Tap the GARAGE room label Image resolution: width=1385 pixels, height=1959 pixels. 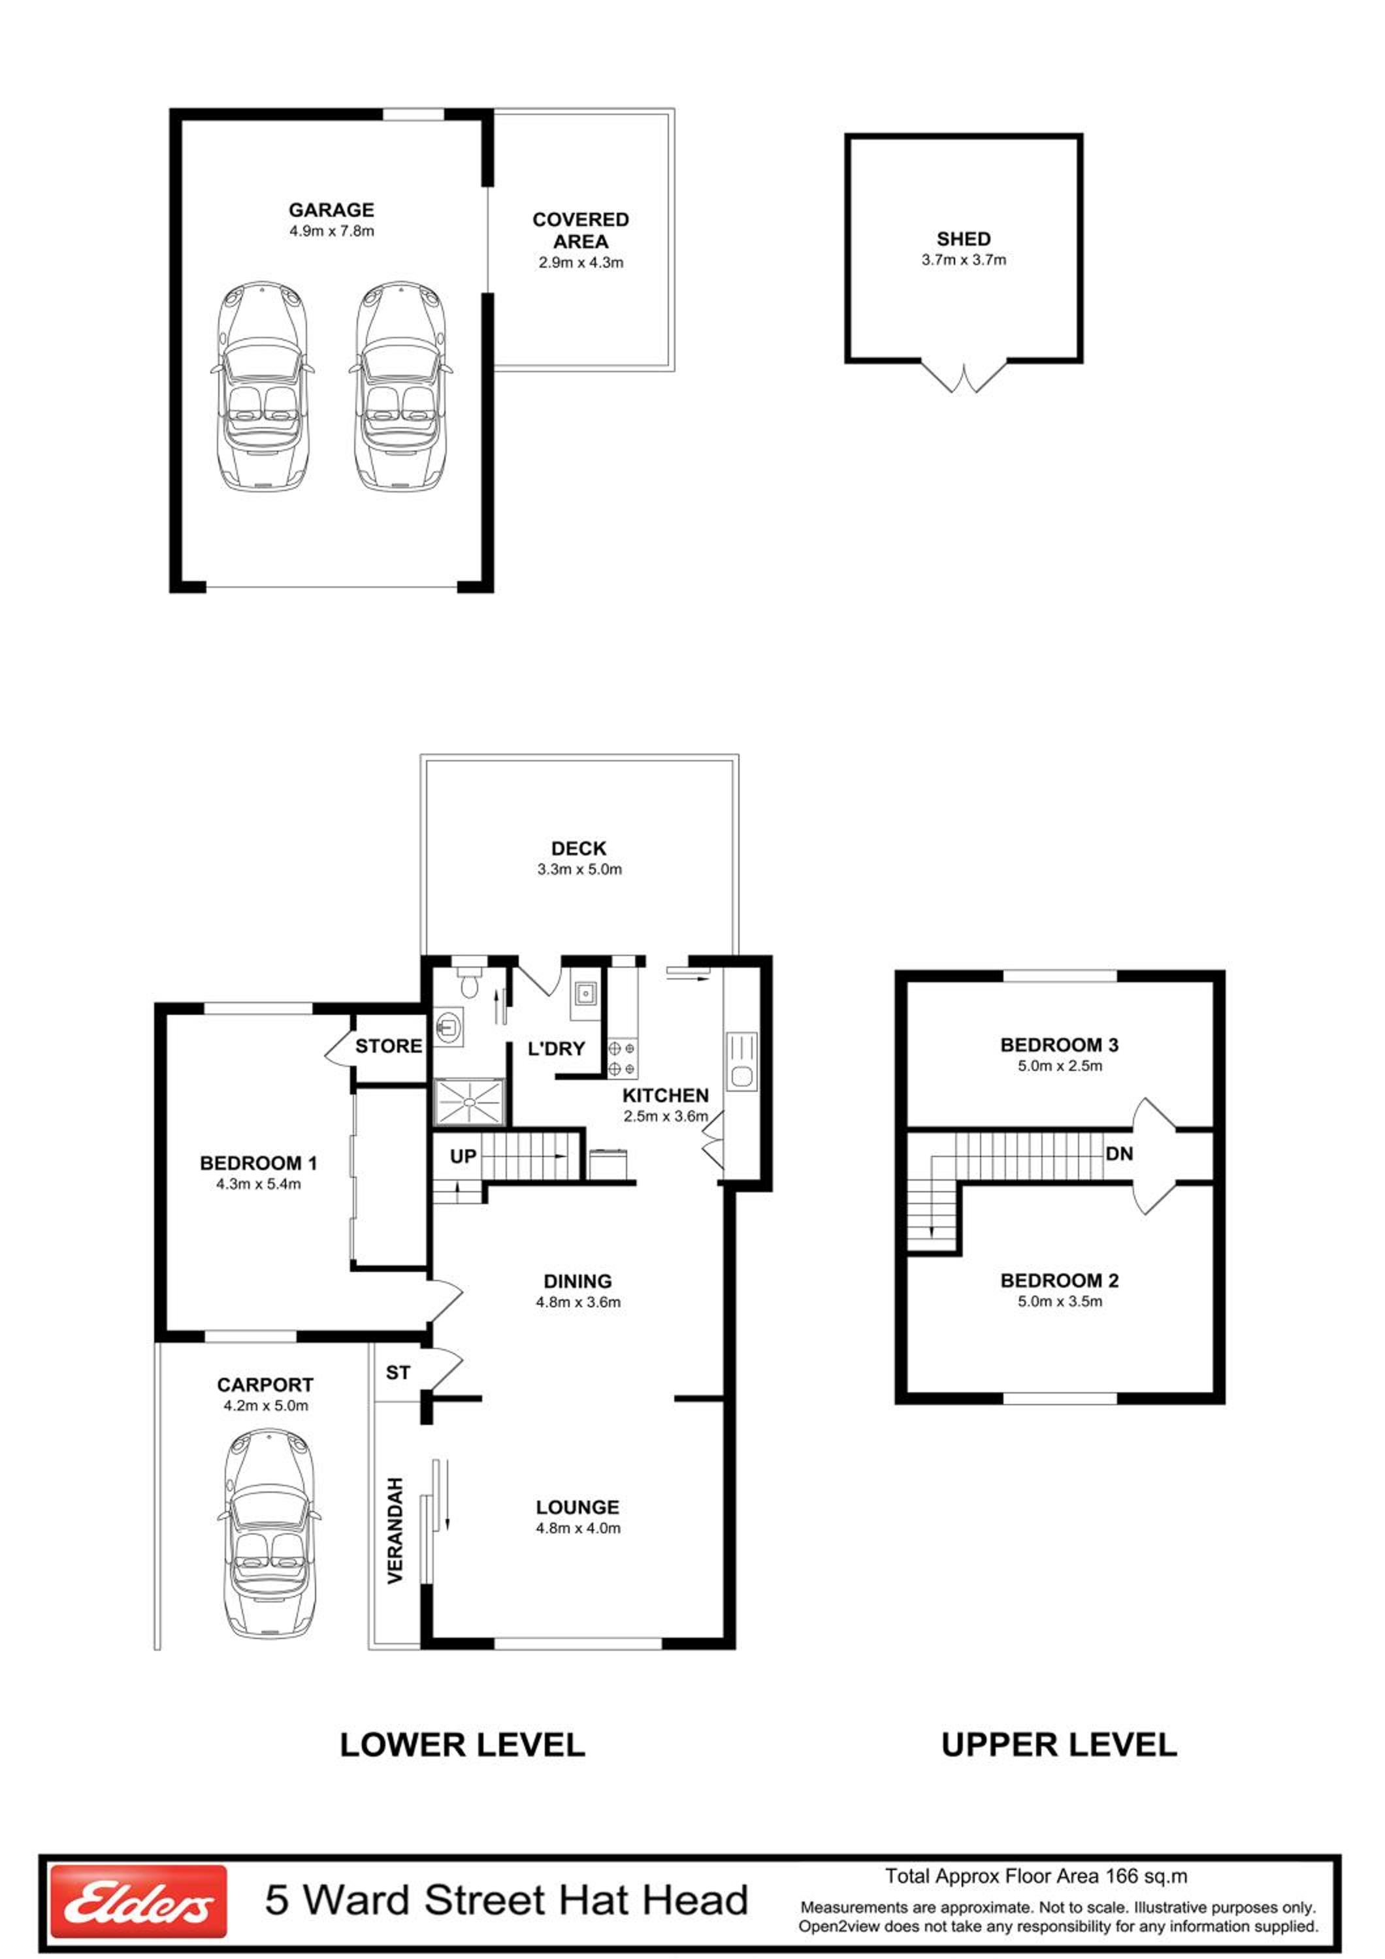point(331,210)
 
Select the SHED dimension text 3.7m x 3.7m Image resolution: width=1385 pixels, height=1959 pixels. point(964,261)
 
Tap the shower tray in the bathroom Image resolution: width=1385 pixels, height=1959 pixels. point(470,1103)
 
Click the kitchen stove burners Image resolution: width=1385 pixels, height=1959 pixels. point(622,1058)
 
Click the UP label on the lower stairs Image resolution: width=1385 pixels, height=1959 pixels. point(463,1156)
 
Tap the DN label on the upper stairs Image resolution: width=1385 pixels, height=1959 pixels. point(1118,1154)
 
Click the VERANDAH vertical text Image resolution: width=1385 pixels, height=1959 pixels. point(395,1531)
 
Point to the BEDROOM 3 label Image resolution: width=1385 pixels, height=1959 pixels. point(1059,1045)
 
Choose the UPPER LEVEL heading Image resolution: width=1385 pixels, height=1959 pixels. point(1059,1745)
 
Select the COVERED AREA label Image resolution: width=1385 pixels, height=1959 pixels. point(580,231)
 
